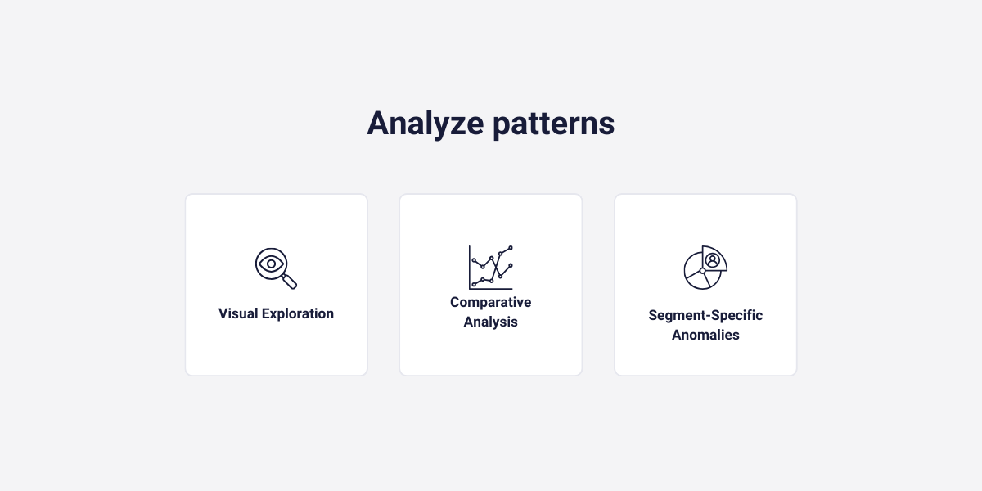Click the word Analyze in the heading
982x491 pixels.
point(424,124)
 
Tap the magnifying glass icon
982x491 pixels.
point(275,268)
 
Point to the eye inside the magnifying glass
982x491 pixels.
point(271,264)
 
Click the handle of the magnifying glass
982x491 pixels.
point(290,282)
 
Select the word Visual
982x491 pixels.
point(238,313)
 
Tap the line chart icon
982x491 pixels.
point(491,267)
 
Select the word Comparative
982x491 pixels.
point(491,302)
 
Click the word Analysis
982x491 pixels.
point(491,322)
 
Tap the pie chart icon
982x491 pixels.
point(705,268)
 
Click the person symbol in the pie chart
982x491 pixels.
point(713,259)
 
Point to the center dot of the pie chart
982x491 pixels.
point(702,271)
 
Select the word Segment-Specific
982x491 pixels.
point(705,315)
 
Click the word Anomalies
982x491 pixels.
point(705,335)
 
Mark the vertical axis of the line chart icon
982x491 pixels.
point(470,266)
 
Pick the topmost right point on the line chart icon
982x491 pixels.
point(511,247)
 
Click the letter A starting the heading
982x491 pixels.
point(378,124)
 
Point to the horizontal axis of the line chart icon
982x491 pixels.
point(491,289)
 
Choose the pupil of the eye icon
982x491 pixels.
point(271,264)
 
